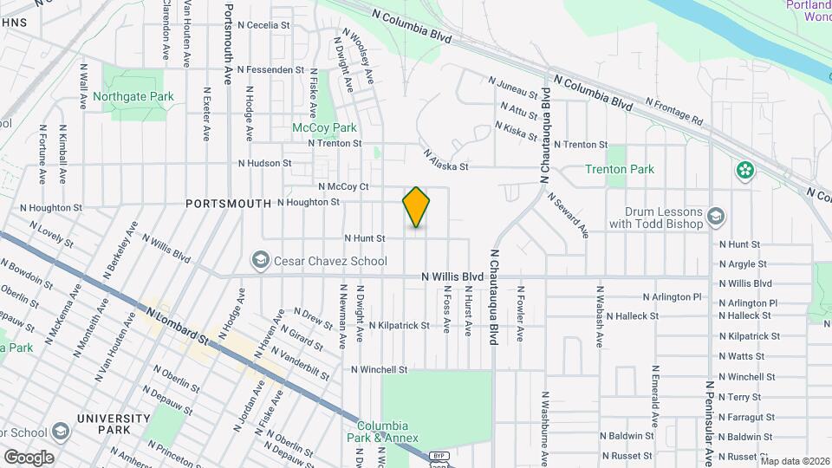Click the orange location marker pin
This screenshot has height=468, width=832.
pyautogui.click(x=417, y=207)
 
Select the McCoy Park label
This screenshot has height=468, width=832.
pyautogui.click(x=324, y=127)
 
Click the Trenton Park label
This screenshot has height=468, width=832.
pyautogui.click(x=620, y=170)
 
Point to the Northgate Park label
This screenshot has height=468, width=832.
pyautogui.click(x=133, y=97)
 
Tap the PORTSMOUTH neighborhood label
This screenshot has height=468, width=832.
pyautogui.click(x=228, y=203)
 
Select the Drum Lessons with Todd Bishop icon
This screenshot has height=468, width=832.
pyautogui.click(x=716, y=214)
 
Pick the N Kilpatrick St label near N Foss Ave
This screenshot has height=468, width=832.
pyautogui.click(x=399, y=326)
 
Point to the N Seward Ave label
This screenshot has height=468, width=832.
pyautogui.click(x=569, y=215)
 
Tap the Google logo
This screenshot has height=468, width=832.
pyautogui.click(x=29, y=457)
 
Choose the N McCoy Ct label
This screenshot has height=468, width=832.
pyautogui.click(x=344, y=186)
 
